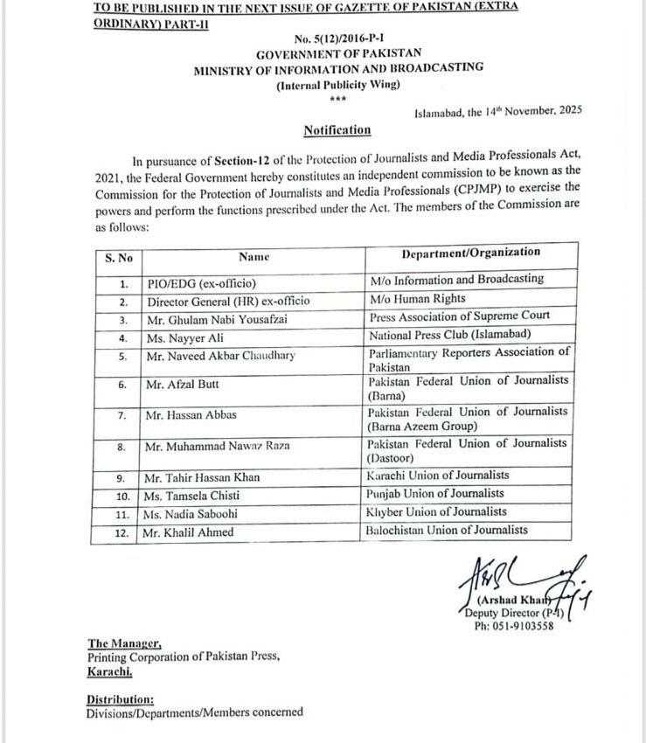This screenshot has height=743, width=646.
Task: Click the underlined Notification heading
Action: [337, 130]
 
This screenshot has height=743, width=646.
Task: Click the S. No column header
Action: [118, 257]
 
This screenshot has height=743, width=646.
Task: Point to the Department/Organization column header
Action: [470, 253]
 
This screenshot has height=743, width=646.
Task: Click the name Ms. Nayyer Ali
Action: [185, 337]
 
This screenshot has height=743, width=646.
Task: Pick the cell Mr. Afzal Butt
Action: [184, 384]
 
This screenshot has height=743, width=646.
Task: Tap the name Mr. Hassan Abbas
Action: [191, 415]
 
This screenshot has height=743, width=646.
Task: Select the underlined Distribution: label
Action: [120, 699]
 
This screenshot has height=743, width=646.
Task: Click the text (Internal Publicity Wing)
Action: [337, 85]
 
